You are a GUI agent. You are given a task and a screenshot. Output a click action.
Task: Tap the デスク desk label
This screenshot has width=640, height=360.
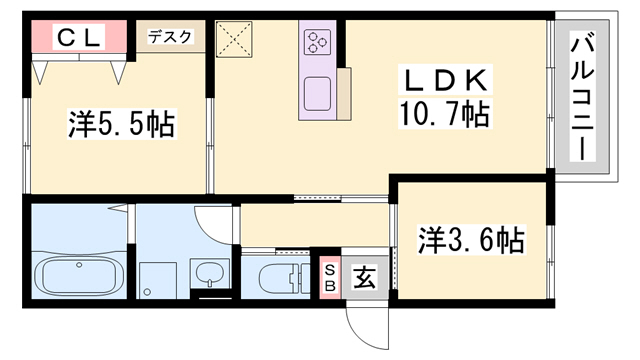click(x=170, y=37)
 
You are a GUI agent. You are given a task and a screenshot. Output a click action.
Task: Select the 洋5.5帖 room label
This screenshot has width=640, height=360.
click(x=121, y=125)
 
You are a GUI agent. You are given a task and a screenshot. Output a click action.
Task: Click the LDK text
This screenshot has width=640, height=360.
click(x=445, y=80)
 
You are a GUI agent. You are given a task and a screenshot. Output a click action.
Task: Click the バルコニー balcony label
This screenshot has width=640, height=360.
click(x=579, y=98)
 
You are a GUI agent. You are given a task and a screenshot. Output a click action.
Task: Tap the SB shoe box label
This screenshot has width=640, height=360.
click(x=329, y=273)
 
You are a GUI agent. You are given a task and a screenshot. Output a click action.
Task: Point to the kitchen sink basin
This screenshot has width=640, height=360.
click(x=319, y=91)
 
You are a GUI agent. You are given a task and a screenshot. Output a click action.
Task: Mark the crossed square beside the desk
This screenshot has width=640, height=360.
click(x=238, y=42)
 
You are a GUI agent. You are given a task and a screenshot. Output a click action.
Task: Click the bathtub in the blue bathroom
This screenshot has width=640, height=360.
click(x=77, y=274)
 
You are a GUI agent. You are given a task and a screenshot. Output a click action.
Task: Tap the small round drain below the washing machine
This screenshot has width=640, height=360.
click(x=148, y=291)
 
